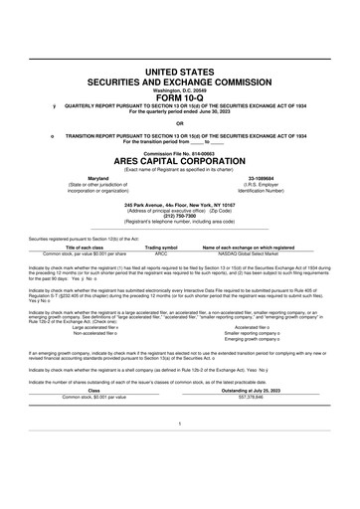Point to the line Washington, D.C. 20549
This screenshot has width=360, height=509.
(181, 90)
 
